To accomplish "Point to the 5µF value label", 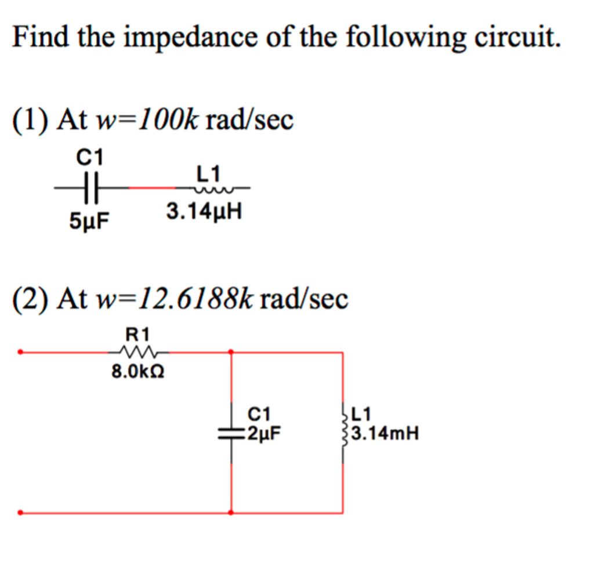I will [x=90, y=221].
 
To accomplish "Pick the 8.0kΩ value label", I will [x=137, y=372].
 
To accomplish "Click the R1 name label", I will [x=137, y=334].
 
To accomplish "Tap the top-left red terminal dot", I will [x=20, y=351].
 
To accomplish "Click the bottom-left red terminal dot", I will [x=20, y=513].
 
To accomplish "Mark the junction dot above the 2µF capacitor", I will [x=231, y=351].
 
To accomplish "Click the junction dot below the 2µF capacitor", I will [x=231, y=513].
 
